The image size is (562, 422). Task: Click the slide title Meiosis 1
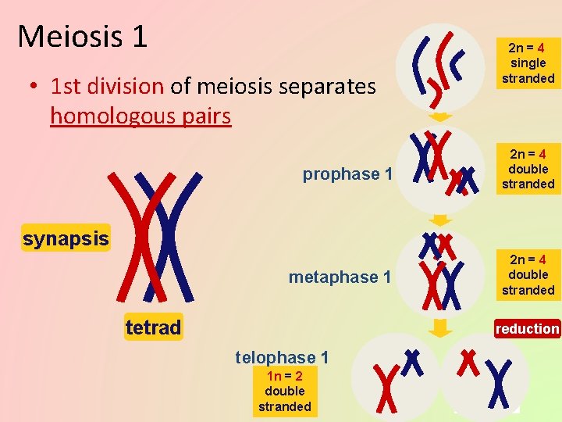[82, 35]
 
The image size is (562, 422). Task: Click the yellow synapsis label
[66, 238]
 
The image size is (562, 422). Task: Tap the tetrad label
[153, 327]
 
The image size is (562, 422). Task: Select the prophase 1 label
[347, 174]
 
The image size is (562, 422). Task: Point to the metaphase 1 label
[340, 277]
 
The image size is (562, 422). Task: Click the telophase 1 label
[282, 358]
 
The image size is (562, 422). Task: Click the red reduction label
[527, 329]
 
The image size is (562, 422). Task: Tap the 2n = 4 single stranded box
[528, 63]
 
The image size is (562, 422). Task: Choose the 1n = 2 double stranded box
[284, 391]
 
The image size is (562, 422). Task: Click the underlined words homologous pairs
[140, 116]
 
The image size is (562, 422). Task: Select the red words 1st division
[108, 86]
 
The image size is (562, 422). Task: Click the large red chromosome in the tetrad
[140, 234]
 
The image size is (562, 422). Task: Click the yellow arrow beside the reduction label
[441, 327]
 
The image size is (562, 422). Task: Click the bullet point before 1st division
[35, 87]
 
